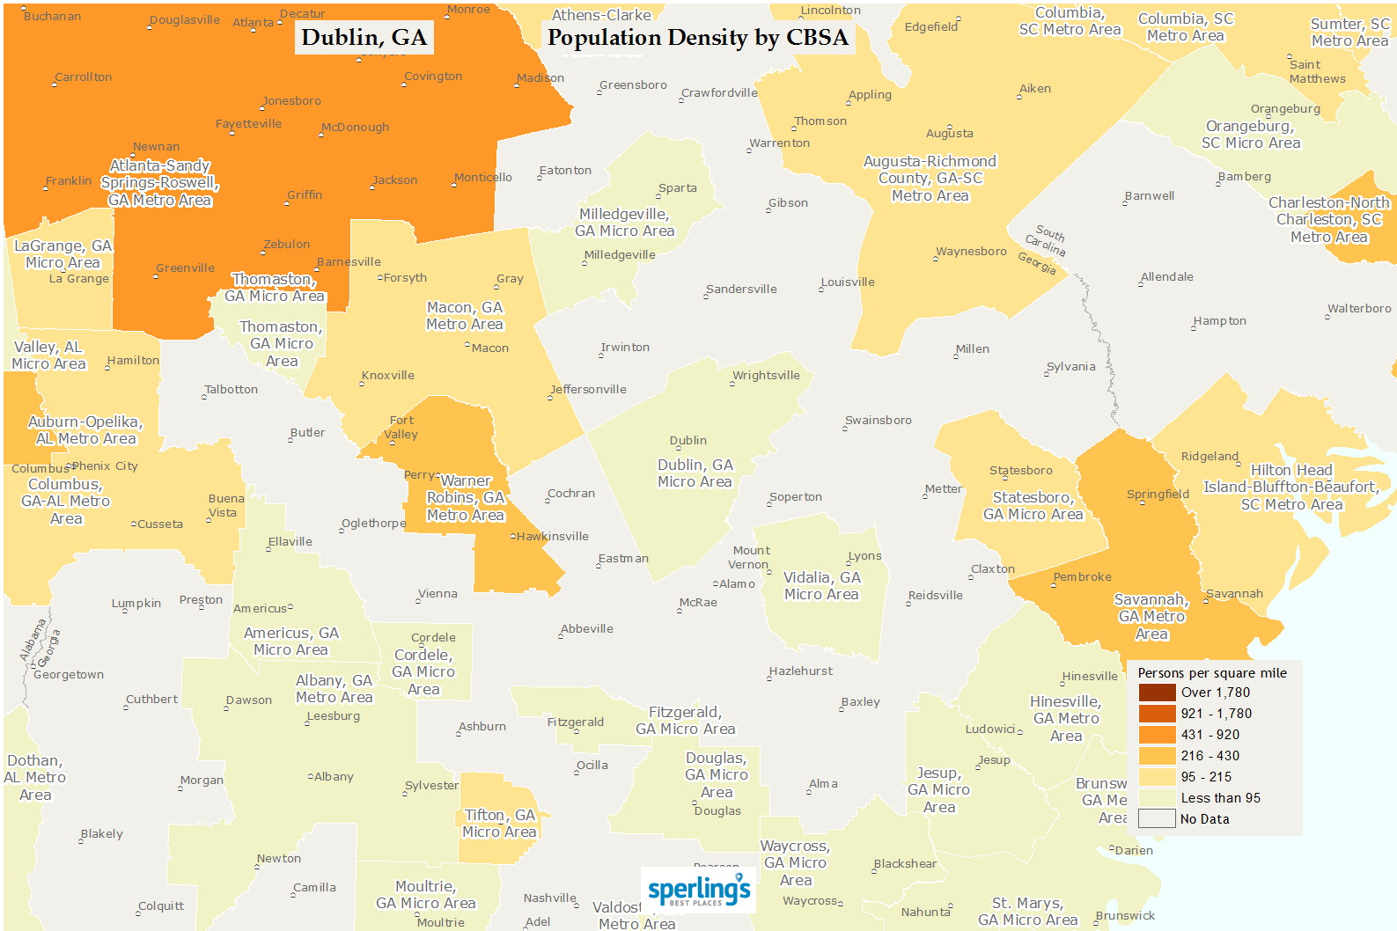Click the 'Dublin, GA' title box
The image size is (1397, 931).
coord(364,37)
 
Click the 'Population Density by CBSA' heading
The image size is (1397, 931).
coord(698,37)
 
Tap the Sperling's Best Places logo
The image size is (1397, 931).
coord(699,891)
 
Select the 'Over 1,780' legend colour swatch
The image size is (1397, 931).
coord(1157,693)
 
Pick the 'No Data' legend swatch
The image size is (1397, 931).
coord(1157,819)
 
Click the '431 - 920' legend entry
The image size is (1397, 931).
coord(1210,735)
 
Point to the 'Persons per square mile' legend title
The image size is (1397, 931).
coord(1212,673)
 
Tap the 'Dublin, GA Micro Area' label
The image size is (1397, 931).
coord(695,473)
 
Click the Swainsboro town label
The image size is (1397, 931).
coord(879,421)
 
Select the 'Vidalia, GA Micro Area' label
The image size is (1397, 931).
coord(822,586)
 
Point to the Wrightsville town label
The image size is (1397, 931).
coord(767,376)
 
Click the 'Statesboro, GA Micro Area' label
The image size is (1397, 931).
coord(1033,506)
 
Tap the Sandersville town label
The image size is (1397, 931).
coord(741,290)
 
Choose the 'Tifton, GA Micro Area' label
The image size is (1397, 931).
coord(499,824)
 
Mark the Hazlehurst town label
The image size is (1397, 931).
coord(801,671)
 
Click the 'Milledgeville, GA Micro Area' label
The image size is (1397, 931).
coord(625,223)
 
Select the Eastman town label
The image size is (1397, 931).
coord(623,559)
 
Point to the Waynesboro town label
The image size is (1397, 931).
coord(971,252)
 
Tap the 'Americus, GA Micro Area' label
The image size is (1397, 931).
coord(291,641)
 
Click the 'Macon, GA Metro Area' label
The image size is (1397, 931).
coord(465,316)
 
